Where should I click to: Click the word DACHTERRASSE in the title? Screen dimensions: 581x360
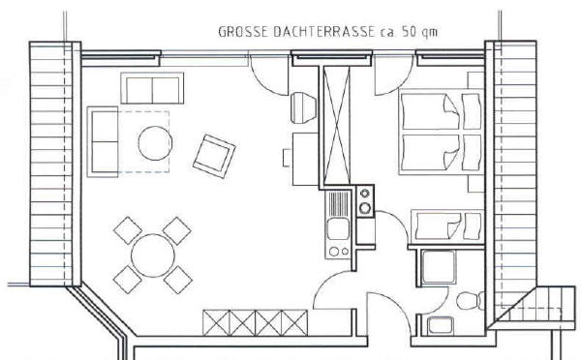pos(324,32)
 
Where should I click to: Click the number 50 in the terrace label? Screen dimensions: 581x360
pos(409,32)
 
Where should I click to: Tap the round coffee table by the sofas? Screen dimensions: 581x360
pos(155,143)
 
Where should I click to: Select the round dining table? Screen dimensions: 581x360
pos(153,255)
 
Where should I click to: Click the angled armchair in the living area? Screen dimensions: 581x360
pos(214,157)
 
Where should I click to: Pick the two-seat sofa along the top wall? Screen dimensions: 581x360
pos(152,88)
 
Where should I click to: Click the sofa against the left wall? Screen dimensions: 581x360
pos(103,142)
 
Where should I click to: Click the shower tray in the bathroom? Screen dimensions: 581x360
pos(439,267)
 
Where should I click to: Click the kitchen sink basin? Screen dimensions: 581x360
pos(338,229)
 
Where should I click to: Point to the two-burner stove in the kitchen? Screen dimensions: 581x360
pos(365,201)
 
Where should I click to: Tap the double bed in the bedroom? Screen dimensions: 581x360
pos(441,132)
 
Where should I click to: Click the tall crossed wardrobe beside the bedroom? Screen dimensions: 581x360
pos(336,126)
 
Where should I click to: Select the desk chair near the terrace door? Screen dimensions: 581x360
pos(303,107)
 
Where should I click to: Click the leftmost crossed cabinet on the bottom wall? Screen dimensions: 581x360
pos(216,323)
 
